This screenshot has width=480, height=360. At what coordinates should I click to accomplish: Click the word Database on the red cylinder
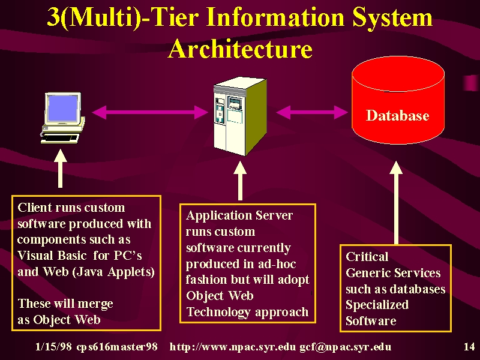tap(397, 115)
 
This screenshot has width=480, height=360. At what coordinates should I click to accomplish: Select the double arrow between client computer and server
tap(149, 112)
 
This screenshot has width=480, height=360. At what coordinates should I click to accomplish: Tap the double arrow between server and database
tap(311, 112)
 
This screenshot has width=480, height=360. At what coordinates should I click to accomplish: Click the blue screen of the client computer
tap(63, 108)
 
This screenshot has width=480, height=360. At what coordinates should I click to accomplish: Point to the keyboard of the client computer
tap(60, 138)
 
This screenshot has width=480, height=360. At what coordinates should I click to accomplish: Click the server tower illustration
tap(240, 116)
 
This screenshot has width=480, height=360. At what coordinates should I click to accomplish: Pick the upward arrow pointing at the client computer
tap(61, 169)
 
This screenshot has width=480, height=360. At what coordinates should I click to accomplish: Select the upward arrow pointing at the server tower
tap(240, 181)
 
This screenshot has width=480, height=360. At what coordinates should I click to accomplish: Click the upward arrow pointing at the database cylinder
tap(396, 203)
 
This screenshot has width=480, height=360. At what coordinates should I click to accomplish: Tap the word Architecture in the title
tap(241, 49)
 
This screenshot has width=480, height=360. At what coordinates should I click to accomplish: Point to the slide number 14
tap(469, 347)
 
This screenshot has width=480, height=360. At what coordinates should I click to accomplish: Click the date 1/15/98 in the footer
tap(53, 347)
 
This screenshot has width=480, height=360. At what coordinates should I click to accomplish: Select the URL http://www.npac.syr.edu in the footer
tap(233, 347)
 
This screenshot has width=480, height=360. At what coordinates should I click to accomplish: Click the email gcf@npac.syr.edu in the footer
tap(346, 347)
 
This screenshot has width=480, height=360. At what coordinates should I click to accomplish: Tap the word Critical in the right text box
tap(367, 257)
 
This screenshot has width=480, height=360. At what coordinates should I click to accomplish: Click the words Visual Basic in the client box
tap(52, 256)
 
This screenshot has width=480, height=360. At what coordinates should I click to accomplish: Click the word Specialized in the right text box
tap(377, 305)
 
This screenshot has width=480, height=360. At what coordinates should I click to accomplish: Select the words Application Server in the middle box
tap(239, 215)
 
